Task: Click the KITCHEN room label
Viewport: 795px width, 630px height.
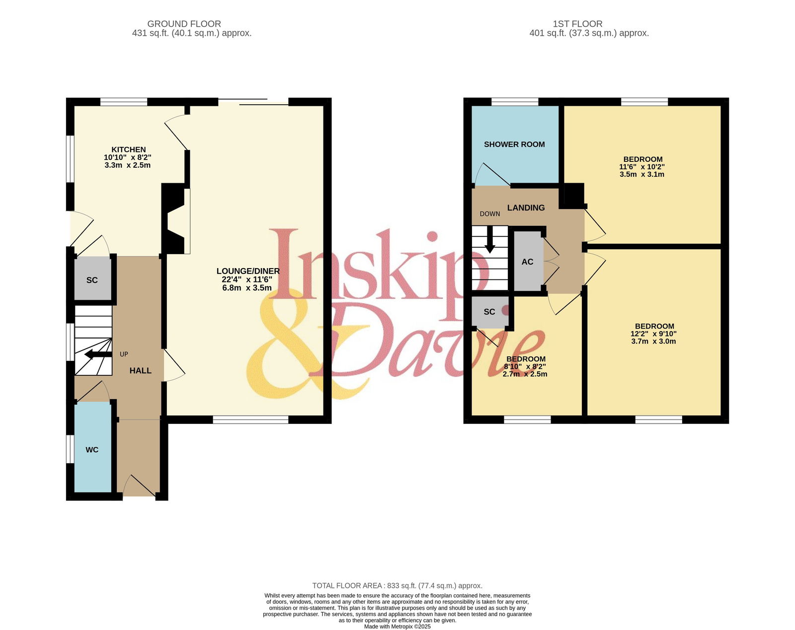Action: pos(129,149)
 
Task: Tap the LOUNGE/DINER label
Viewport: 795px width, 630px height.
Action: pos(248,271)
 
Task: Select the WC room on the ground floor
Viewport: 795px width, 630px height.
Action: pos(93,447)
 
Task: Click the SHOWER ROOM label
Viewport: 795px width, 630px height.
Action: pos(514,144)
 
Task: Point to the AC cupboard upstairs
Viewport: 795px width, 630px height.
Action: pos(528,261)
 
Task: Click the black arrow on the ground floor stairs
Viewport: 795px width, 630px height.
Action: pos(98,354)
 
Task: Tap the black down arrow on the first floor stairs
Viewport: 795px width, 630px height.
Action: pos(490,239)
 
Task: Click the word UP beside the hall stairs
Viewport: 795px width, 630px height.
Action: pos(124,354)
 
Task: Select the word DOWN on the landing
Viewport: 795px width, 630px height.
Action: pos(490,213)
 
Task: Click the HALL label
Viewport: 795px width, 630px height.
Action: pos(141,370)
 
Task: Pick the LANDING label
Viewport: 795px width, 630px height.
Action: pos(526,208)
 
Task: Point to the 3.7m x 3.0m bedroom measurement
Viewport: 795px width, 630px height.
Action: pos(653,342)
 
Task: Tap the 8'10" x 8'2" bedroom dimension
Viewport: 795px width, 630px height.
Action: pos(525,366)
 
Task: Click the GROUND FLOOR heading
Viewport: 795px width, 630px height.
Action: pos(184,24)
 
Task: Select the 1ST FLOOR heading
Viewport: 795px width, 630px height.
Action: pos(577,24)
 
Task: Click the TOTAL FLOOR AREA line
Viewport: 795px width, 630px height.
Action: pos(397,586)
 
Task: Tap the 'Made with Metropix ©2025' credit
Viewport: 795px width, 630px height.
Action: pos(397,627)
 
